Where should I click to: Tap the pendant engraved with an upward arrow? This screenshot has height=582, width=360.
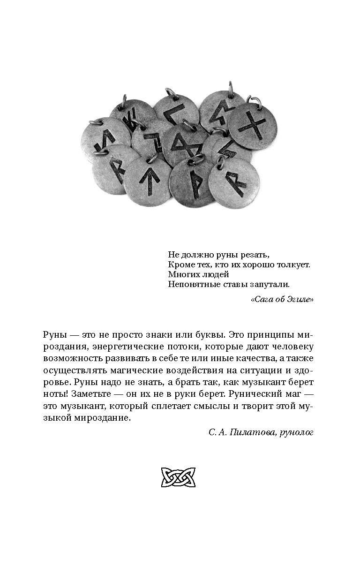pos(147,181)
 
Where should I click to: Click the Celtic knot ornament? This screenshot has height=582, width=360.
pos(178,478)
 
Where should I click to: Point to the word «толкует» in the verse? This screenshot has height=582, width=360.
pos(291,265)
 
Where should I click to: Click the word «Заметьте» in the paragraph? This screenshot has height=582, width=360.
pos(90,394)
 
